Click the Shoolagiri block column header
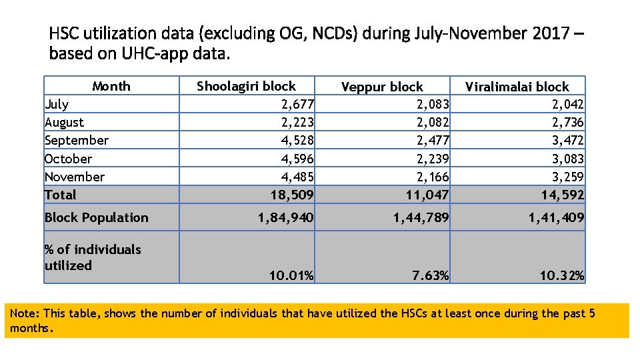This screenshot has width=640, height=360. pos(246,86)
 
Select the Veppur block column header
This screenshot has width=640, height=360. pos(382,87)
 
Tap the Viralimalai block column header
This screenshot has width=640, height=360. pos(517,87)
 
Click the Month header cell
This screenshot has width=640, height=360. pos(111,86)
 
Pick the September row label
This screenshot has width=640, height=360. pos(76,140)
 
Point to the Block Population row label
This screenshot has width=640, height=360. pos(96,217)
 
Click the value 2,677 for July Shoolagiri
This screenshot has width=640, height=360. pos(297,104)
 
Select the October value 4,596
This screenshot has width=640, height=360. pos(297,159)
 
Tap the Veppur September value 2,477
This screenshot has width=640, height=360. pos(433,140)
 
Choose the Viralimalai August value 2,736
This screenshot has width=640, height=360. pos(567,122)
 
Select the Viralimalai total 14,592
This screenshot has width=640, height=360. pos(563,195)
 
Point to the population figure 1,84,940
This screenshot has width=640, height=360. pos(287,217)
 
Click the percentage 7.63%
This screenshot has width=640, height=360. pos(430,275)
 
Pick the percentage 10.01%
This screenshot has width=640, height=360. pos(292,275)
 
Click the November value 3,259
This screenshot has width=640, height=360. pos(567,177)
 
